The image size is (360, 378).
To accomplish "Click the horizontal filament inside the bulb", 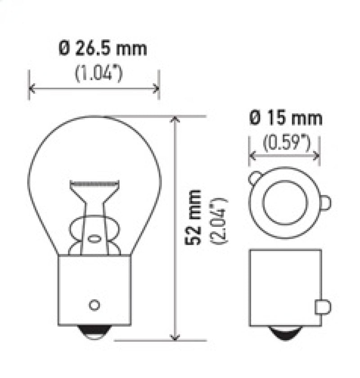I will coord(94,184).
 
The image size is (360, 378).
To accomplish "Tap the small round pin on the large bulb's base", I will coord(94,305).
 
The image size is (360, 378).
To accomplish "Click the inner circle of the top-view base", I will coord(284,202).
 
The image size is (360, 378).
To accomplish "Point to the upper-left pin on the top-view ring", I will coord(254,177).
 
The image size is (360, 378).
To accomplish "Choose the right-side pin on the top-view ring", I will coord(325,203).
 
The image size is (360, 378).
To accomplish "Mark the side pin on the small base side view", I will coord(325,307).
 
